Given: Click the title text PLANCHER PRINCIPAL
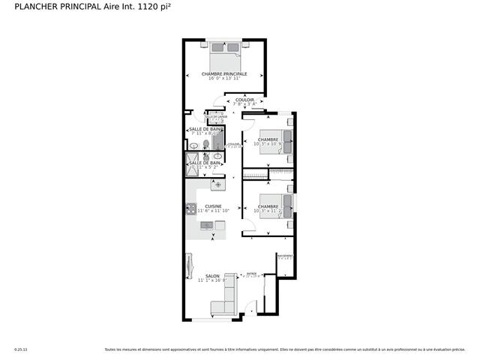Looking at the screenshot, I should click(50, 7).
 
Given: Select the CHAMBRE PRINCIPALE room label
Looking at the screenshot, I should click(223, 73).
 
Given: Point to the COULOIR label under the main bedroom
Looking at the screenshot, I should click(244, 100).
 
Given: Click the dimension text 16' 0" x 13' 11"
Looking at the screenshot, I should click(223, 79).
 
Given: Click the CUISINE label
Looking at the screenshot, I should click(213, 206).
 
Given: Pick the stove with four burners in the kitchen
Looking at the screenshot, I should click(190, 209).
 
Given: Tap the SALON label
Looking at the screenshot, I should click(191, 275).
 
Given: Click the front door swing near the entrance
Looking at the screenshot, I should click(251, 307).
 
